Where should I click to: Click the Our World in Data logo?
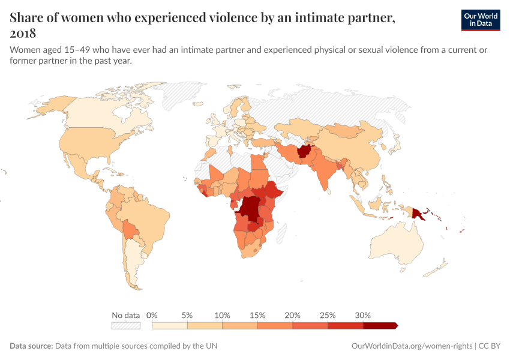click(x=480, y=20)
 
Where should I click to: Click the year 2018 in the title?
click(x=23, y=33)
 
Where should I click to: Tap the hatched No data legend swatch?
click(x=125, y=326)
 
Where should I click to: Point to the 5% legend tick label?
click(x=187, y=315)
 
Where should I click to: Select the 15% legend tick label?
click(x=257, y=315)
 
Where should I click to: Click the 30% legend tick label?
click(x=363, y=315)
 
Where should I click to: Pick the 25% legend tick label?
click(x=328, y=315)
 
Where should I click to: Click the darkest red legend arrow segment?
click(x=379, y=326)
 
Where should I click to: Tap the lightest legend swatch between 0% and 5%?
click(x=170, y=326)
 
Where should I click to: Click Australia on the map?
click(x=396, y=246)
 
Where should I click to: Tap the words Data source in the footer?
click(x=31, y=346)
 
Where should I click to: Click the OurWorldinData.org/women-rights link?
click(x=411, y=346)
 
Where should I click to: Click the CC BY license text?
click(x=490, y=346)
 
